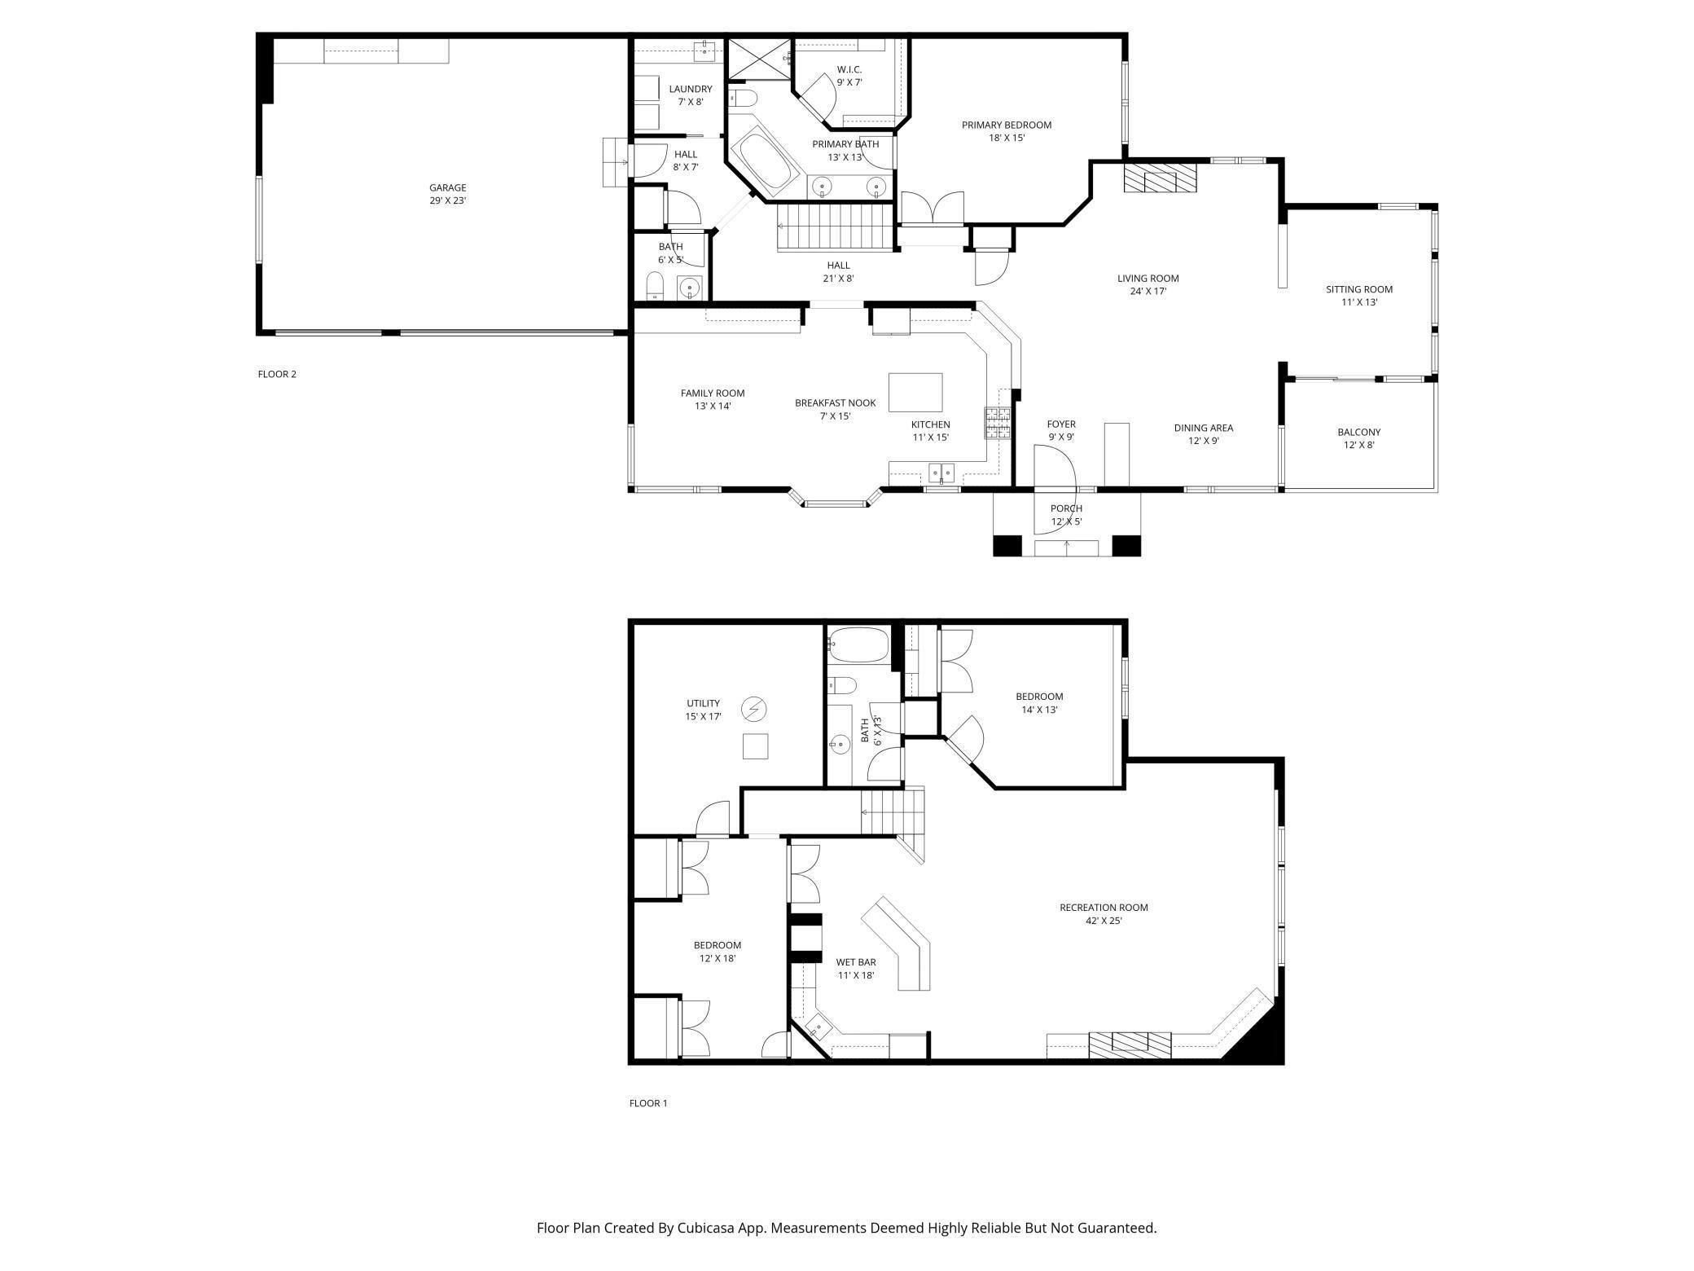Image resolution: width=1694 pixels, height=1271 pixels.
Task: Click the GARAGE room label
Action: pyautogui.click(x=448, y=187)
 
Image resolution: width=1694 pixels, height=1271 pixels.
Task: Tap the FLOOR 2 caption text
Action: pyautogui.click(x=277, y=374)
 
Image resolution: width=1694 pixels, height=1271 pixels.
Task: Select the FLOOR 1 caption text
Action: pyautogui.click(x=647, y=1103)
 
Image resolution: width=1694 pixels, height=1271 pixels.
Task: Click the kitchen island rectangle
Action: pyautogui.click(x=915, y=393)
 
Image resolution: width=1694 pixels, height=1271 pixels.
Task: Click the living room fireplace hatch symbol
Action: pyautogui.click(x=1161, y=179)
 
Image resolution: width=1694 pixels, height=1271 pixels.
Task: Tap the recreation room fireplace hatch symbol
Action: pyautogui.click(x=1130, y=1045)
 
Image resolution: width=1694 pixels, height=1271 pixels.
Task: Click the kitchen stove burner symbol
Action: pyautogui.click(x=998, y=423)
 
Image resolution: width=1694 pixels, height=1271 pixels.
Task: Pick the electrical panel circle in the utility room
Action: pyautogui.click(x=753, y=710)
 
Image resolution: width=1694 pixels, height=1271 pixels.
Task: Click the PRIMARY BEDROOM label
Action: pyautogui.click(x=1006, y=125)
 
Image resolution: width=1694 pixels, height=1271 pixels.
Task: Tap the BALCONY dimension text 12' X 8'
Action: pyautogui.click(x=1358, y=445)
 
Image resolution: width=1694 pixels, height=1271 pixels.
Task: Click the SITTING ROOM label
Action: pyautogui.click(x=1358, y=289)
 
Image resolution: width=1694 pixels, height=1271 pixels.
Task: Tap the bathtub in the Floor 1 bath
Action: pyautogui.click(x=858, y=644)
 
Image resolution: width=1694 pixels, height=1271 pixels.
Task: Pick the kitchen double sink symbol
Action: pyautogui.click(x=942, y=472)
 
